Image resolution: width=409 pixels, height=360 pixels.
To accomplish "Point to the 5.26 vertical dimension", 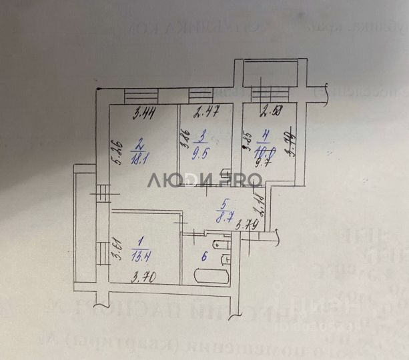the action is pos(114,155).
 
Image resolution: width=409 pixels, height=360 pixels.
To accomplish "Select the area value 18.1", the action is pos(139,158).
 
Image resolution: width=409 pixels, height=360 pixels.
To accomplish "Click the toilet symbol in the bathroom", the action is pos(226,247).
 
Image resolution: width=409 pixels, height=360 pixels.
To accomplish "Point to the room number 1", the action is pos(138,242).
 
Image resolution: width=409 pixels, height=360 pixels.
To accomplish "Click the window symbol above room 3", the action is pos(199,94).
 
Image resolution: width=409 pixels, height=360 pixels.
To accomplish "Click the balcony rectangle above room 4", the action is pos(265,72).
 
